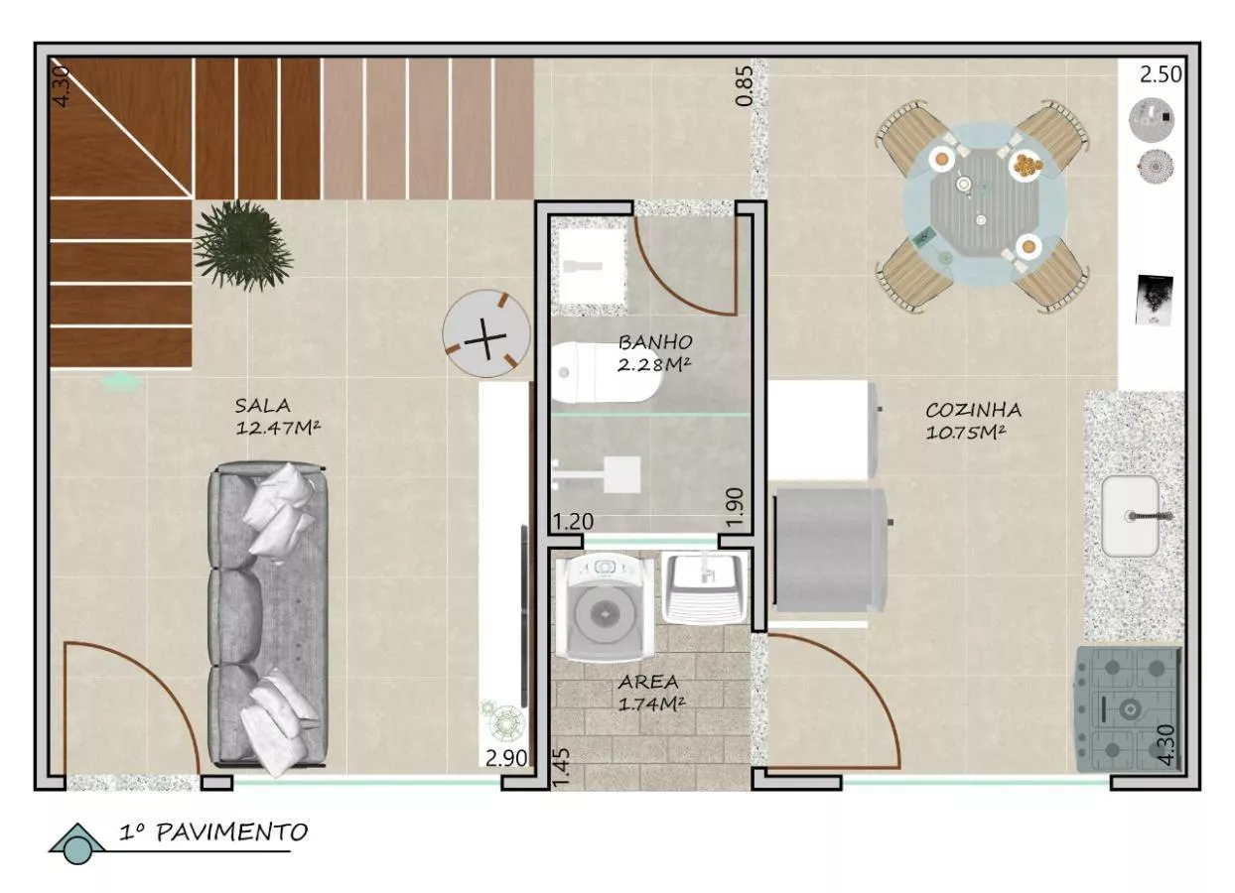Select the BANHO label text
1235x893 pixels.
655,342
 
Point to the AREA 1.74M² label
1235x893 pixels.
650,694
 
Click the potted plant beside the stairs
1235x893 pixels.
243,245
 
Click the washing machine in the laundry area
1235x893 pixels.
605,607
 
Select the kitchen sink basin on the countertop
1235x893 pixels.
1130,516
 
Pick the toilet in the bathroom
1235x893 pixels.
605,372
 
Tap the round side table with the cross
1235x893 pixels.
485,333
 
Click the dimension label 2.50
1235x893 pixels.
1161,74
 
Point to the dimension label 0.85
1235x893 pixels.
744,85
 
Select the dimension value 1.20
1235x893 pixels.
574,521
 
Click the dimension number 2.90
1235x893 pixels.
506,758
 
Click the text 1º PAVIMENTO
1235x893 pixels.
213,832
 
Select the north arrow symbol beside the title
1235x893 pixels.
77,843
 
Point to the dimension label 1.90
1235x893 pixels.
736,507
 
